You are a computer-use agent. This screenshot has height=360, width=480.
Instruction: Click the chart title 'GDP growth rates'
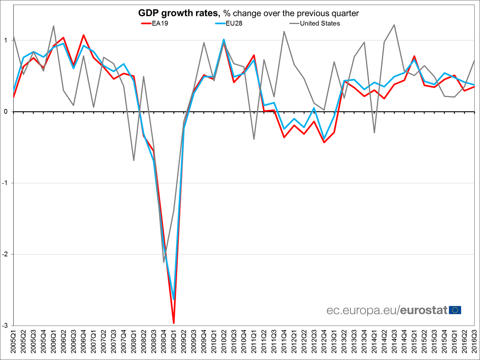point(178,13)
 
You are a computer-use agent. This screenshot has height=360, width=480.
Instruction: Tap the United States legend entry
point(320,23)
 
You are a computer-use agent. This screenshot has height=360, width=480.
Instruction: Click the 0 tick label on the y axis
point(6,112)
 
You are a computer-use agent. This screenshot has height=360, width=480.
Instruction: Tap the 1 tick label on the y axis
point(6,40)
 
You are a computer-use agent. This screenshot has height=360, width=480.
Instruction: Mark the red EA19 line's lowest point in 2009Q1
point(174,323)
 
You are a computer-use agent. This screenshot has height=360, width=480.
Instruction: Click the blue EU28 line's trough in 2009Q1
point(174,299)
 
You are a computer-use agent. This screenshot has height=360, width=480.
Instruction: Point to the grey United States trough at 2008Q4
point(164,262)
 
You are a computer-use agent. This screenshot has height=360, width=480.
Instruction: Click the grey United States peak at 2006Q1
point(54,26)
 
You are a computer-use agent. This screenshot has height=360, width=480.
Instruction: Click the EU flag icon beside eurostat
point(455,310)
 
